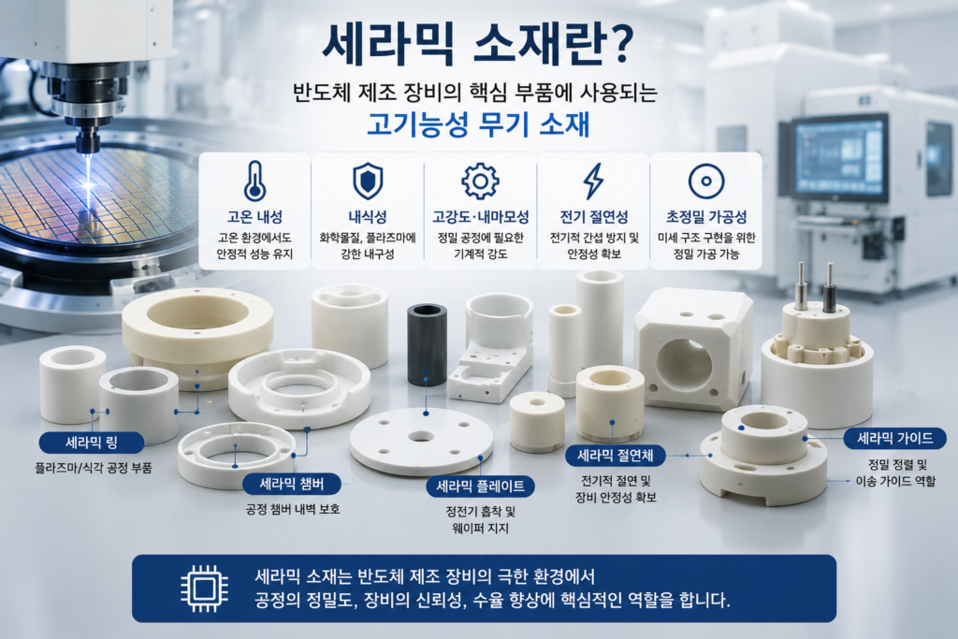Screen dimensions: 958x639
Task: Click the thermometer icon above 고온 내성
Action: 254,181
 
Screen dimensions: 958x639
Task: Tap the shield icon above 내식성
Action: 368,182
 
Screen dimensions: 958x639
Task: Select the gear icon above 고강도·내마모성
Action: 480,181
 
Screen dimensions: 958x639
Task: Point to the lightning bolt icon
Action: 593,181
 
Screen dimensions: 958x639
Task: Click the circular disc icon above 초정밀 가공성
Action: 706,181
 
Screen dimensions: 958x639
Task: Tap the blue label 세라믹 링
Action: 92,443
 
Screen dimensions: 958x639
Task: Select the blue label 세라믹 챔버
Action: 292,485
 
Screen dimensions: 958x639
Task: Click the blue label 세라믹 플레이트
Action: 480,487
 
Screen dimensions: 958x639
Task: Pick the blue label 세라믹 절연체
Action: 616,455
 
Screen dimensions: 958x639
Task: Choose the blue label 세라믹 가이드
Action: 895,438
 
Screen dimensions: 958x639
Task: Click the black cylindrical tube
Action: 427,345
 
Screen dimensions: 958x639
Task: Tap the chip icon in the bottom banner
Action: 205,588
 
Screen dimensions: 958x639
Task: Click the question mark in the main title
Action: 617,44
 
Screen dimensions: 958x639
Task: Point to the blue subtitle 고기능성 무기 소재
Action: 478,124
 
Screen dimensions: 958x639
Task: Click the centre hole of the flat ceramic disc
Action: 421,437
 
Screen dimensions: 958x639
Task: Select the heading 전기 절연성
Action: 594,217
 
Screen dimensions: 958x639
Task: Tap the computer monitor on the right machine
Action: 841,156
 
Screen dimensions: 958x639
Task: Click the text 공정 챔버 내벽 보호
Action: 293,509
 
